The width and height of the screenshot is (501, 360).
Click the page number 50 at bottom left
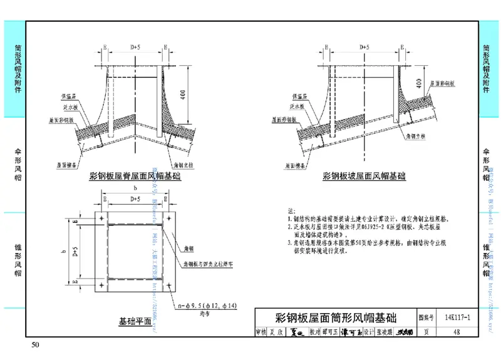[x=35, y=346]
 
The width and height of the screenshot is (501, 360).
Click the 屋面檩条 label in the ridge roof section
[x=66, y=166]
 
